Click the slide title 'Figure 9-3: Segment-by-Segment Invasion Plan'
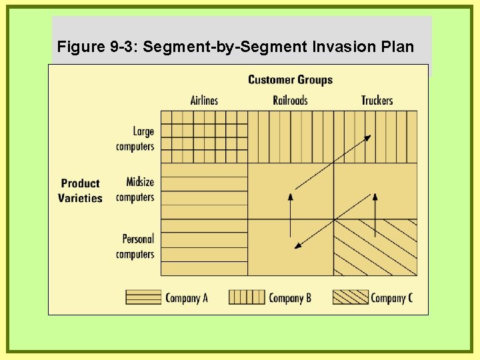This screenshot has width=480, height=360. (235, 47)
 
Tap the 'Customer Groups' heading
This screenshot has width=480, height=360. (290, 80)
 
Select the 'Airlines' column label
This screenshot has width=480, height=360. (204, 101)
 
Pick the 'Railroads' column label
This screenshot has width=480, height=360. (290, 101)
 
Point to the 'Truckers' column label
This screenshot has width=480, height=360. (377, 101)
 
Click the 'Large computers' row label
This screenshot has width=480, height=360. (135, 139)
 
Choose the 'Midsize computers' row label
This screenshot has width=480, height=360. (135, 189)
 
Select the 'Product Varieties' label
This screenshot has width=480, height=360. (80, 191)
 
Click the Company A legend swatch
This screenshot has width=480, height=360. (143, 297)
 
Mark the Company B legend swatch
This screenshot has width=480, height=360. (247, 297)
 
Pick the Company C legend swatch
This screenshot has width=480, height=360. (350, 297)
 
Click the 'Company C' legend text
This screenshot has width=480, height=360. (391, 298)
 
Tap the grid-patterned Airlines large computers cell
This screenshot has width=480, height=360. (204, 137)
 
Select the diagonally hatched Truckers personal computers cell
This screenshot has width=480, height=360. (375, 247)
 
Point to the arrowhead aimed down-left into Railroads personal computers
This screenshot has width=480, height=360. (298, 247)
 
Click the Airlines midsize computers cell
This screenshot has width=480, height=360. (204, 191)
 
